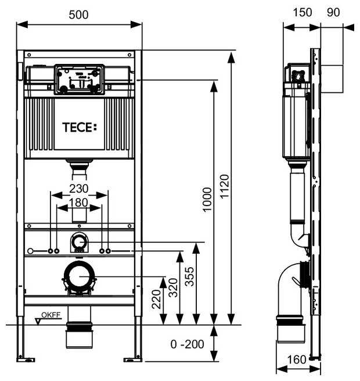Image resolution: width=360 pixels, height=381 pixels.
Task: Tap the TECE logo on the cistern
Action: pyautogui.click(x=80, y=127)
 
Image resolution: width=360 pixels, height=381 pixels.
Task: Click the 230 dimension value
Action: pyautogui.click(x=79, y=188)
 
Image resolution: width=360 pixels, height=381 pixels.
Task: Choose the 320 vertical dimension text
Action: pyautogui.click(x=173, y=287)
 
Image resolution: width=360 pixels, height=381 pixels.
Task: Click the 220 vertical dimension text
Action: pyautogui.click(x=156, y=299)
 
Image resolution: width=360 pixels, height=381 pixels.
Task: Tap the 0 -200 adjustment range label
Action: pyautogui.click(x=188, y=344)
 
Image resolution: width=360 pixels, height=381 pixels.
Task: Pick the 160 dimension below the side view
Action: pyautogui.click(x=297, y=360)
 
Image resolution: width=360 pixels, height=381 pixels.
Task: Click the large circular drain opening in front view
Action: pyautogui.click(x=79, y=277)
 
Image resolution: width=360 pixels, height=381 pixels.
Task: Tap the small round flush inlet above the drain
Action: pyautogui.click(x=79, y=242)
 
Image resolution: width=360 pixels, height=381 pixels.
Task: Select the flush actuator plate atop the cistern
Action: pyautogui.click(x=79, y=78)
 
